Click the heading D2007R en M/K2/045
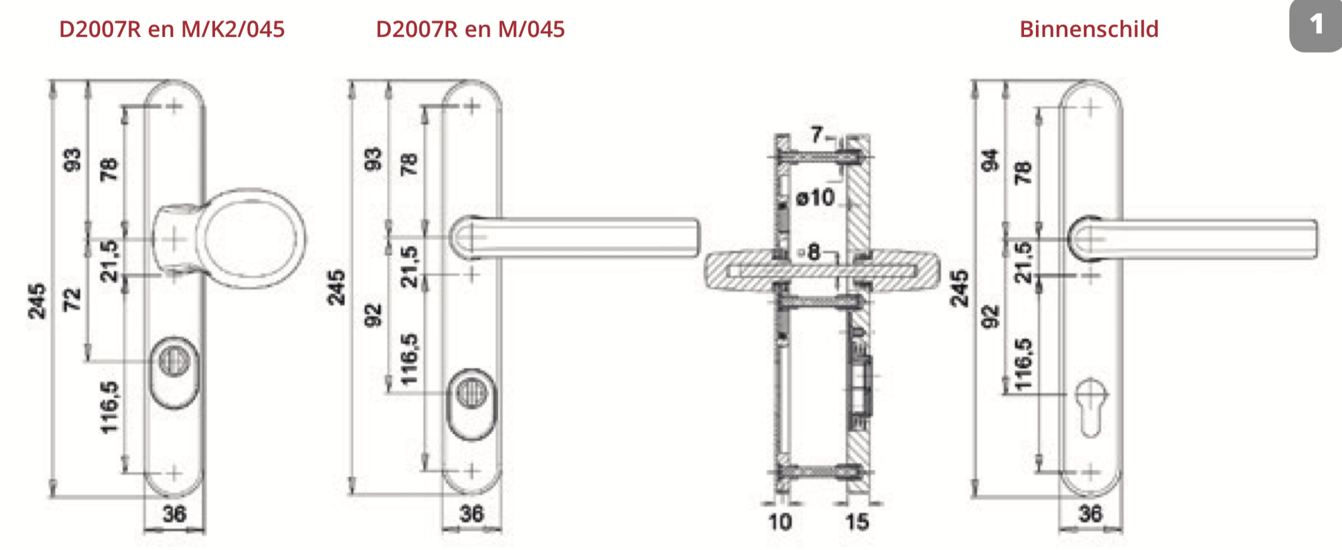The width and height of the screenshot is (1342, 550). coord(172,29)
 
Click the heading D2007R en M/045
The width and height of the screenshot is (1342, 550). coord(470,29)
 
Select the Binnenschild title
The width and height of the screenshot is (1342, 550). coord(1089,29)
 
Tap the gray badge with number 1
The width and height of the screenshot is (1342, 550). coord(1316,26)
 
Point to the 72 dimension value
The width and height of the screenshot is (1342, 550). coord(72,299)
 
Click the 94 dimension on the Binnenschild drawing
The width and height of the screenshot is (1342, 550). coord(990,160)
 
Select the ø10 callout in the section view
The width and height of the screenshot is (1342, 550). coord(815,198)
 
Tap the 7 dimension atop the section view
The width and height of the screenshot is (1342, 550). coord(817,135)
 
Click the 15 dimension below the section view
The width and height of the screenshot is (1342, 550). coord(857,522)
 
